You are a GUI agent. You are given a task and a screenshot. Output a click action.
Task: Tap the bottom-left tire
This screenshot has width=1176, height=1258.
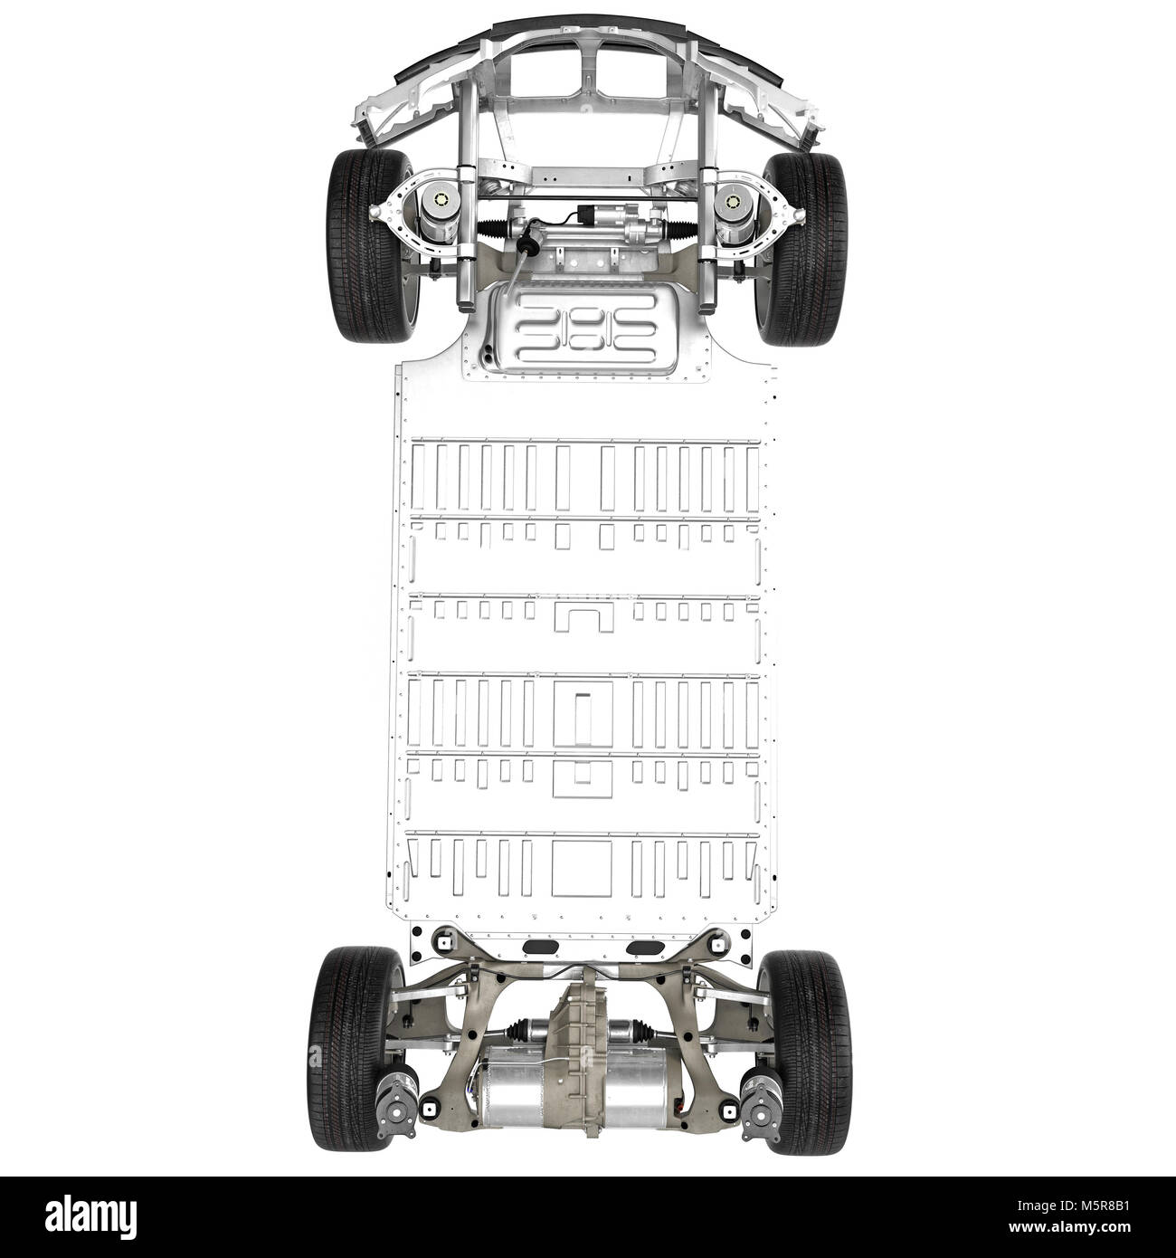[355, 1050]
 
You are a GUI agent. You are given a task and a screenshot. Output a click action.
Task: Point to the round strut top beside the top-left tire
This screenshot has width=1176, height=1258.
[442, 202]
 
